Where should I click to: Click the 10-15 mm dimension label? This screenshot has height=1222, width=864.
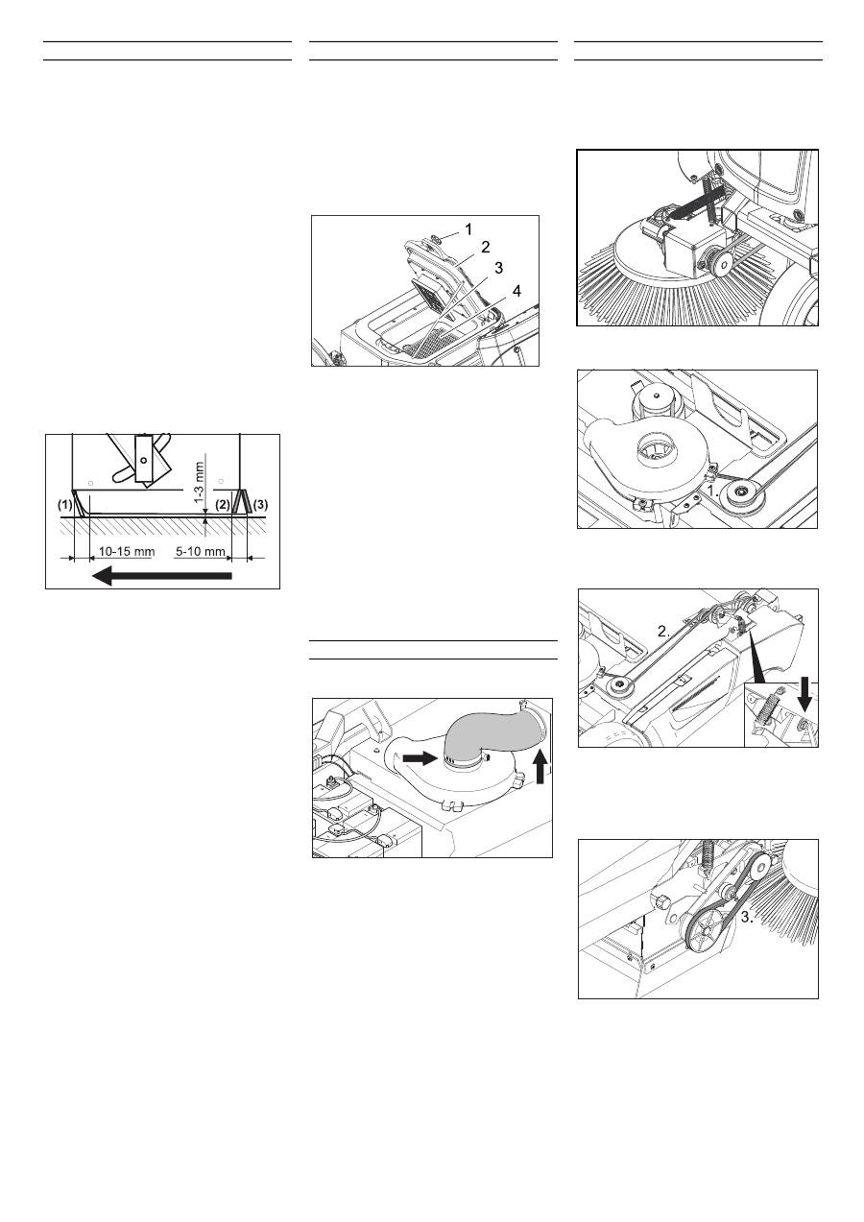pyautogui.click(x=127, y=552)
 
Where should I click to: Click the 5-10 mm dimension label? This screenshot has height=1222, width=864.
pyautogui.click(x=201, y=552)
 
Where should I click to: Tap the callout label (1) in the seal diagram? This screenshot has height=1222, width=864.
pyautogui.click(x=65, y=505)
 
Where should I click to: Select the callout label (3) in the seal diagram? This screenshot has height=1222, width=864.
pyautogui.click(x=261, y=505)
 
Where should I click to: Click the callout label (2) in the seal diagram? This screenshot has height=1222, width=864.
pyautogui.click(x=222, y=505)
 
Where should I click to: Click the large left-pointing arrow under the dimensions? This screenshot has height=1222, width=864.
pyautogui.click(x=162, y=576)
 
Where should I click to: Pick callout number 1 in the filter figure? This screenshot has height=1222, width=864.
pyautogui.click(x=468, y=229)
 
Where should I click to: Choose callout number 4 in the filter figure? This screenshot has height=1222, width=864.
pyautogui.click(x=516, y=291)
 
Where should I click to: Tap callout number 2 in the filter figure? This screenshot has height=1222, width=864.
pyautogui.click(x=486, y=248)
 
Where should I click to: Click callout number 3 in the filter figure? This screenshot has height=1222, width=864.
pyautogui.click(x=498, y=268)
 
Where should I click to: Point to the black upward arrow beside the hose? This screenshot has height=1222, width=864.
pyautogui.click(x=540, y=766)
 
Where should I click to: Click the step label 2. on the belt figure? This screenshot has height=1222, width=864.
pyautogui.click(x=663, y=632)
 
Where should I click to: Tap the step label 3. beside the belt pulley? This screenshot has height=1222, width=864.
pyautogui.click(x=747, y=917)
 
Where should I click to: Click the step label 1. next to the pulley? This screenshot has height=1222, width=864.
pyautogui.click(x=713, y=491)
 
